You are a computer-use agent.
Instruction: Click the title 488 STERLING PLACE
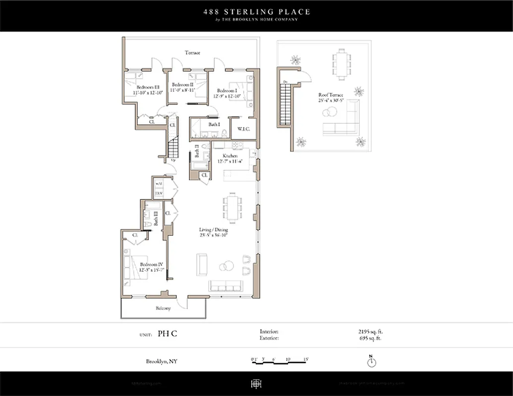click(x=256, y=11)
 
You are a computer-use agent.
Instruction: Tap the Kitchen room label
click(x=216, y=156)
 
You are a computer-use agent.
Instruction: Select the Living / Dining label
click(x=214, y=230)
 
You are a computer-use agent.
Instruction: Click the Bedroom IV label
click(x=148, y=264)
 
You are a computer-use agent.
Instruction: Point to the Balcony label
click(x=163, y=308)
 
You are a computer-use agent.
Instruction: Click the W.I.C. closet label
click(x=243, y=129)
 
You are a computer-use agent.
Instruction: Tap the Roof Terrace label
click(x=331, y=95)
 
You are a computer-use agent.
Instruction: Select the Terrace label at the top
click(x=192, y=52)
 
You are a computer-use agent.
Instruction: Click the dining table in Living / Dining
click(x=232, y=208)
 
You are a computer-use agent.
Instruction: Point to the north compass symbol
click(x=371, y=362)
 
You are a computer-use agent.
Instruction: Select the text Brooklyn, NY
click(x=162, y=361)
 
